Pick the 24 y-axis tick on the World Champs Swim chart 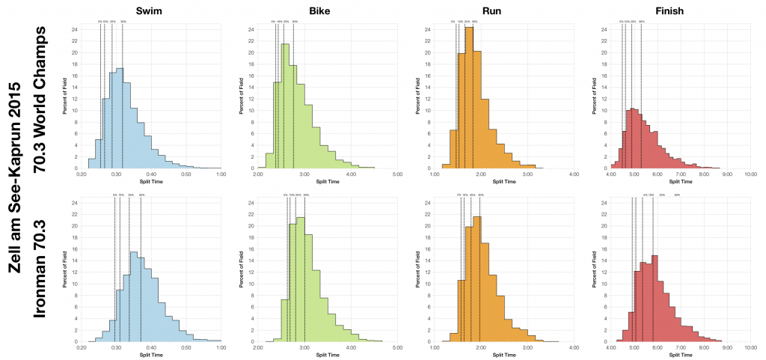pyautogui.click(x=75, y=30)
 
